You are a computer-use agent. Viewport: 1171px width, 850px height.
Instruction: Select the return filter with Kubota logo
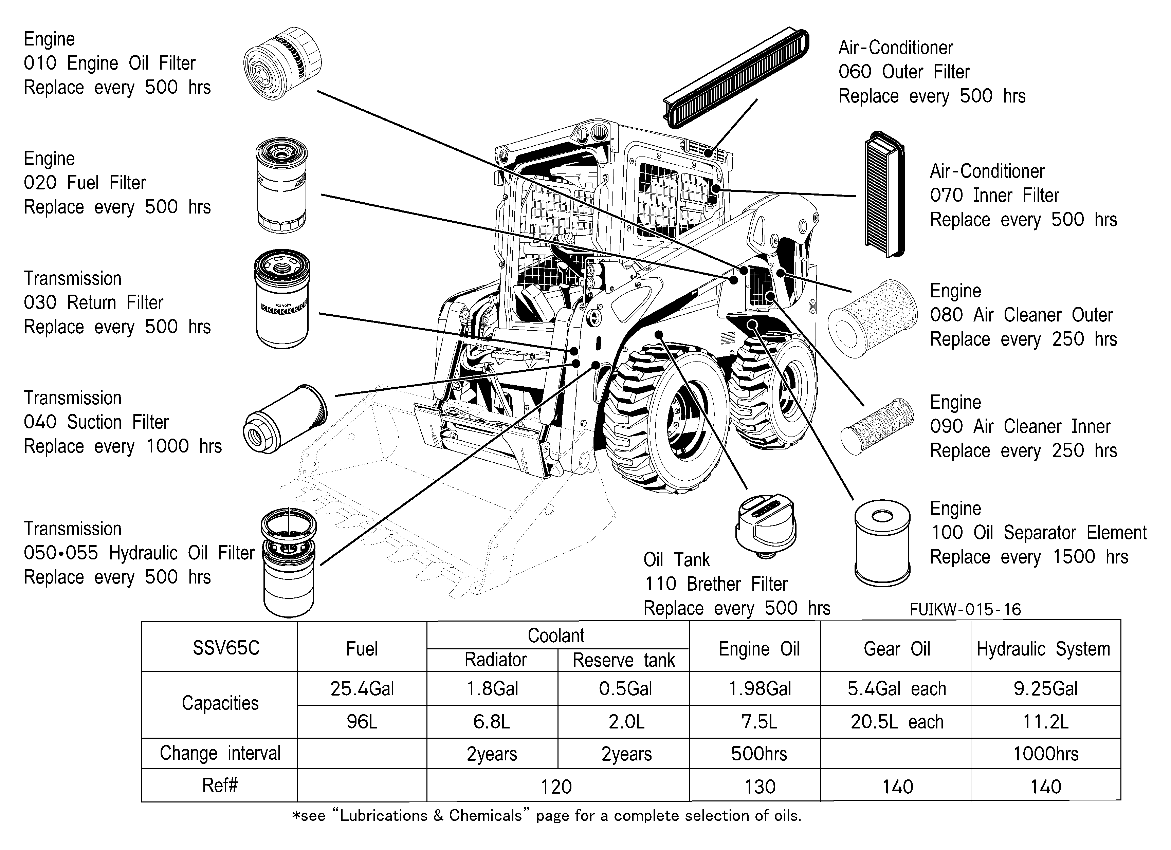[x=282, y=299]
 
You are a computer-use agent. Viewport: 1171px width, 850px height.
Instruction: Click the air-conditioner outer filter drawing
[x=736, y=78]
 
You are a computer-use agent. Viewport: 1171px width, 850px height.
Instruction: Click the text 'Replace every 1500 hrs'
[x=1029, y=557]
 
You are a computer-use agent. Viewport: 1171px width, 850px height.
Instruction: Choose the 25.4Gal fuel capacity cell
[x=362, y=688]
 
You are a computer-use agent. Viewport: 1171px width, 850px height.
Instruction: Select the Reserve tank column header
[x=623, y=660]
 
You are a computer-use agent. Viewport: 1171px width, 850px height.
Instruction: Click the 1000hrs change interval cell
[x=1045, y=754]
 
